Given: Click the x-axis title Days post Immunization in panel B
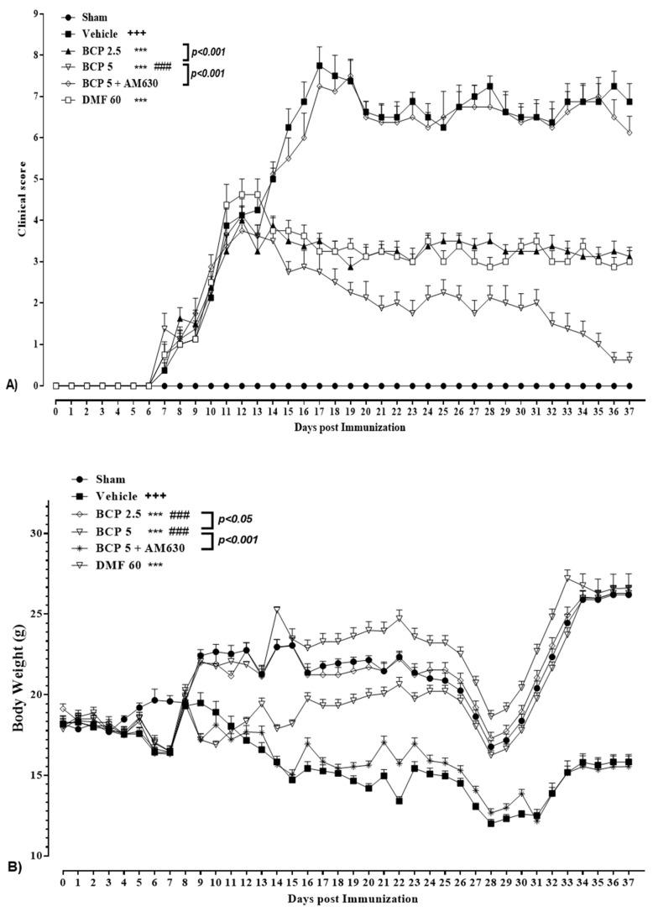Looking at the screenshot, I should (346, 899).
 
